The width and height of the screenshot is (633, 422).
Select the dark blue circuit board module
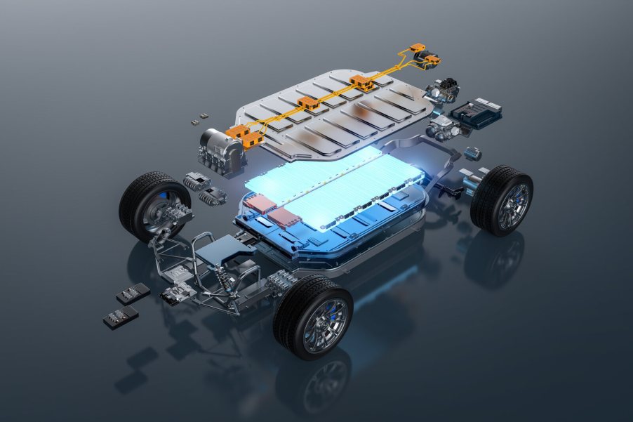475,112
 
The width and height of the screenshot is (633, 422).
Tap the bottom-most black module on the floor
121,317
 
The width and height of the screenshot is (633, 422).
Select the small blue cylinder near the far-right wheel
473,153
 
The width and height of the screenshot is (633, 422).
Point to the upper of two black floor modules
133,293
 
